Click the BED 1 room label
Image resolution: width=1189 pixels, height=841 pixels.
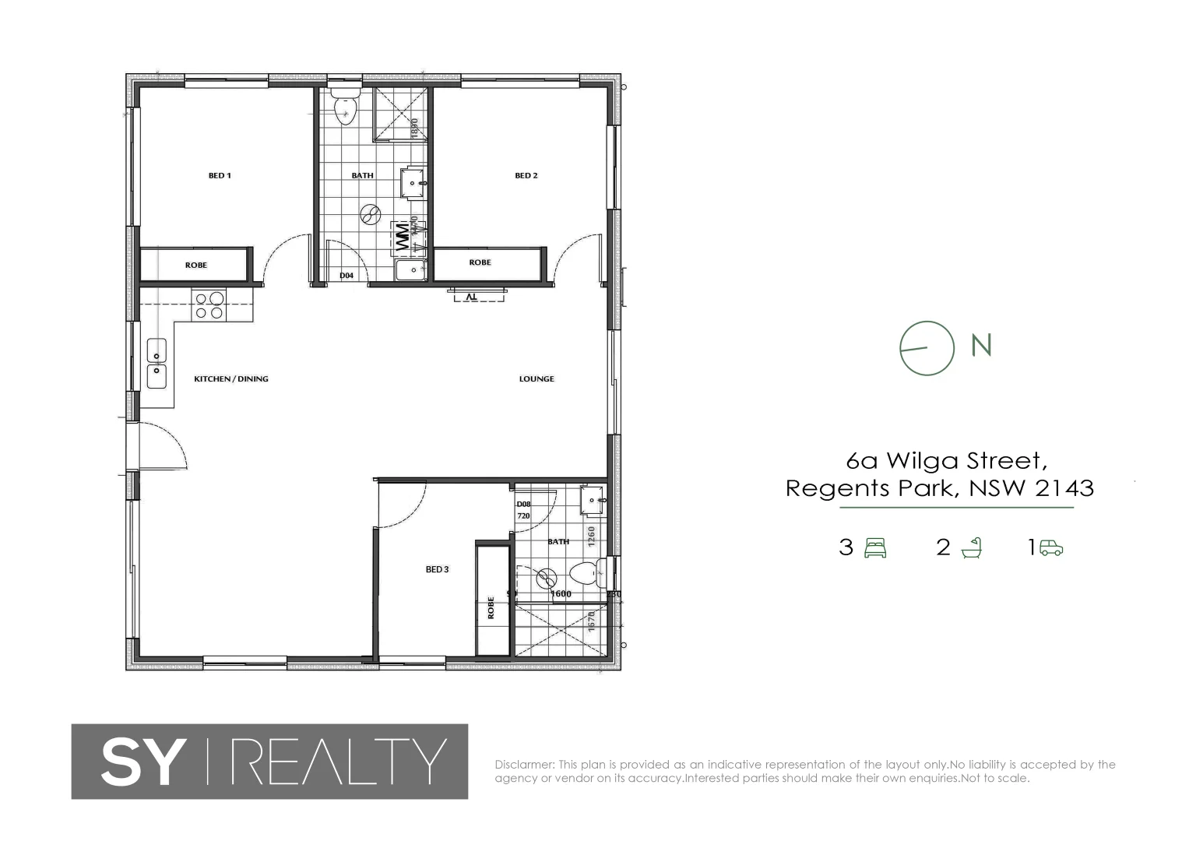(220, 176)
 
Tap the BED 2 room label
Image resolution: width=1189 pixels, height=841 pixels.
(526, 176)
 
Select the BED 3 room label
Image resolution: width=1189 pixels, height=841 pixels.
(437, 569)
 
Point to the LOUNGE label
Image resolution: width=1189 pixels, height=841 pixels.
(536, 379)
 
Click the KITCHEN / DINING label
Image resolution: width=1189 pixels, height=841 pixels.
(231, 379)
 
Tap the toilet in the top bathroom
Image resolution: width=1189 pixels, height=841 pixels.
(344, 109)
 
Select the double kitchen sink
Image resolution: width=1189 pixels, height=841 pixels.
(157, 364)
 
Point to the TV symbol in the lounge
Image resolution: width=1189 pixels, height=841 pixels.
(471, 296)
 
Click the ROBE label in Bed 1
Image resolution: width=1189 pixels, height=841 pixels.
(196, 266)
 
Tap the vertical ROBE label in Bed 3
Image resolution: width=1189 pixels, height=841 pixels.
(491, 607)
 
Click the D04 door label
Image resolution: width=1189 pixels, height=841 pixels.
(346, 276)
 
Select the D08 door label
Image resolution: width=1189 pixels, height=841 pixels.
(523, 504)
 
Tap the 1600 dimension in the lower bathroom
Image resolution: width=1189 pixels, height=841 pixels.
(561, 594)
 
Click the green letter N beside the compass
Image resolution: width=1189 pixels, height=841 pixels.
(982, 345)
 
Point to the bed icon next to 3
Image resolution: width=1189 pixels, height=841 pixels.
(876, 548)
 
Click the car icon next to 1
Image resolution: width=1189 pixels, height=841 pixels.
(1050, 548)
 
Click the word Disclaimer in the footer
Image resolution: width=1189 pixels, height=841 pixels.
(524, 765)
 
